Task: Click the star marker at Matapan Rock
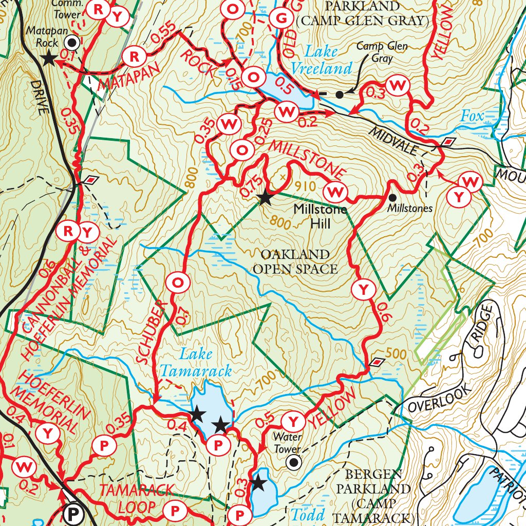(49, 59)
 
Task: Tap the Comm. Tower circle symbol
(73, 42)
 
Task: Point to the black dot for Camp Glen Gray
(339, 95)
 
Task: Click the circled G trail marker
(281, 19)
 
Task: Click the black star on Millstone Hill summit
(265, 198)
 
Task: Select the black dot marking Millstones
(392, 197)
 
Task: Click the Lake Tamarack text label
(196, 362)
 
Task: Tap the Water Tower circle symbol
(293, 463)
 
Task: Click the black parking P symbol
(72, 513)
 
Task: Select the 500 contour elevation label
(395, 354)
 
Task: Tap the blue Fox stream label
(472, 117)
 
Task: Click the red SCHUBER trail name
(153, 334)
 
